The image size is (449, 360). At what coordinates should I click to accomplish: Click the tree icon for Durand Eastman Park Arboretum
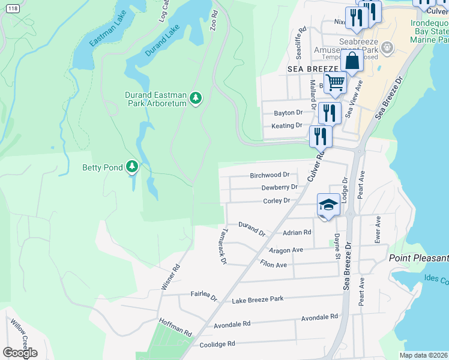(x=195, y=98)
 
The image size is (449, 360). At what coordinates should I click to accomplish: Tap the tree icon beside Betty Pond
(x=132, y=167)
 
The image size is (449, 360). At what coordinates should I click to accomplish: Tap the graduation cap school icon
(x=328, y=206)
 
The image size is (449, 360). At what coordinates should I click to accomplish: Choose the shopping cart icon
(x=336, y=83)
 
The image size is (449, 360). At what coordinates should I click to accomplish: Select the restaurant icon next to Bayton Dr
(x=330, y=112)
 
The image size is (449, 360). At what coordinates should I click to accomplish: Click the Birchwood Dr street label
(x=270, y=175)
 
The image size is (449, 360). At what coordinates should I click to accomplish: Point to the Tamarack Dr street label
(x=220, y=247)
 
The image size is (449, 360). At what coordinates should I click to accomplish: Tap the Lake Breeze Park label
(x=258, y=299)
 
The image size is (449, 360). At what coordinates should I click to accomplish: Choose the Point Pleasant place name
(x=418, y=258)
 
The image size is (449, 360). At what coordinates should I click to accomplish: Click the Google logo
(x=20, y=353)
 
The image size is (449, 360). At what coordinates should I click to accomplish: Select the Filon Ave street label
(x=274, y=263)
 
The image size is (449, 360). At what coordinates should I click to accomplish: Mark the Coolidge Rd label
(x=217, y=344)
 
